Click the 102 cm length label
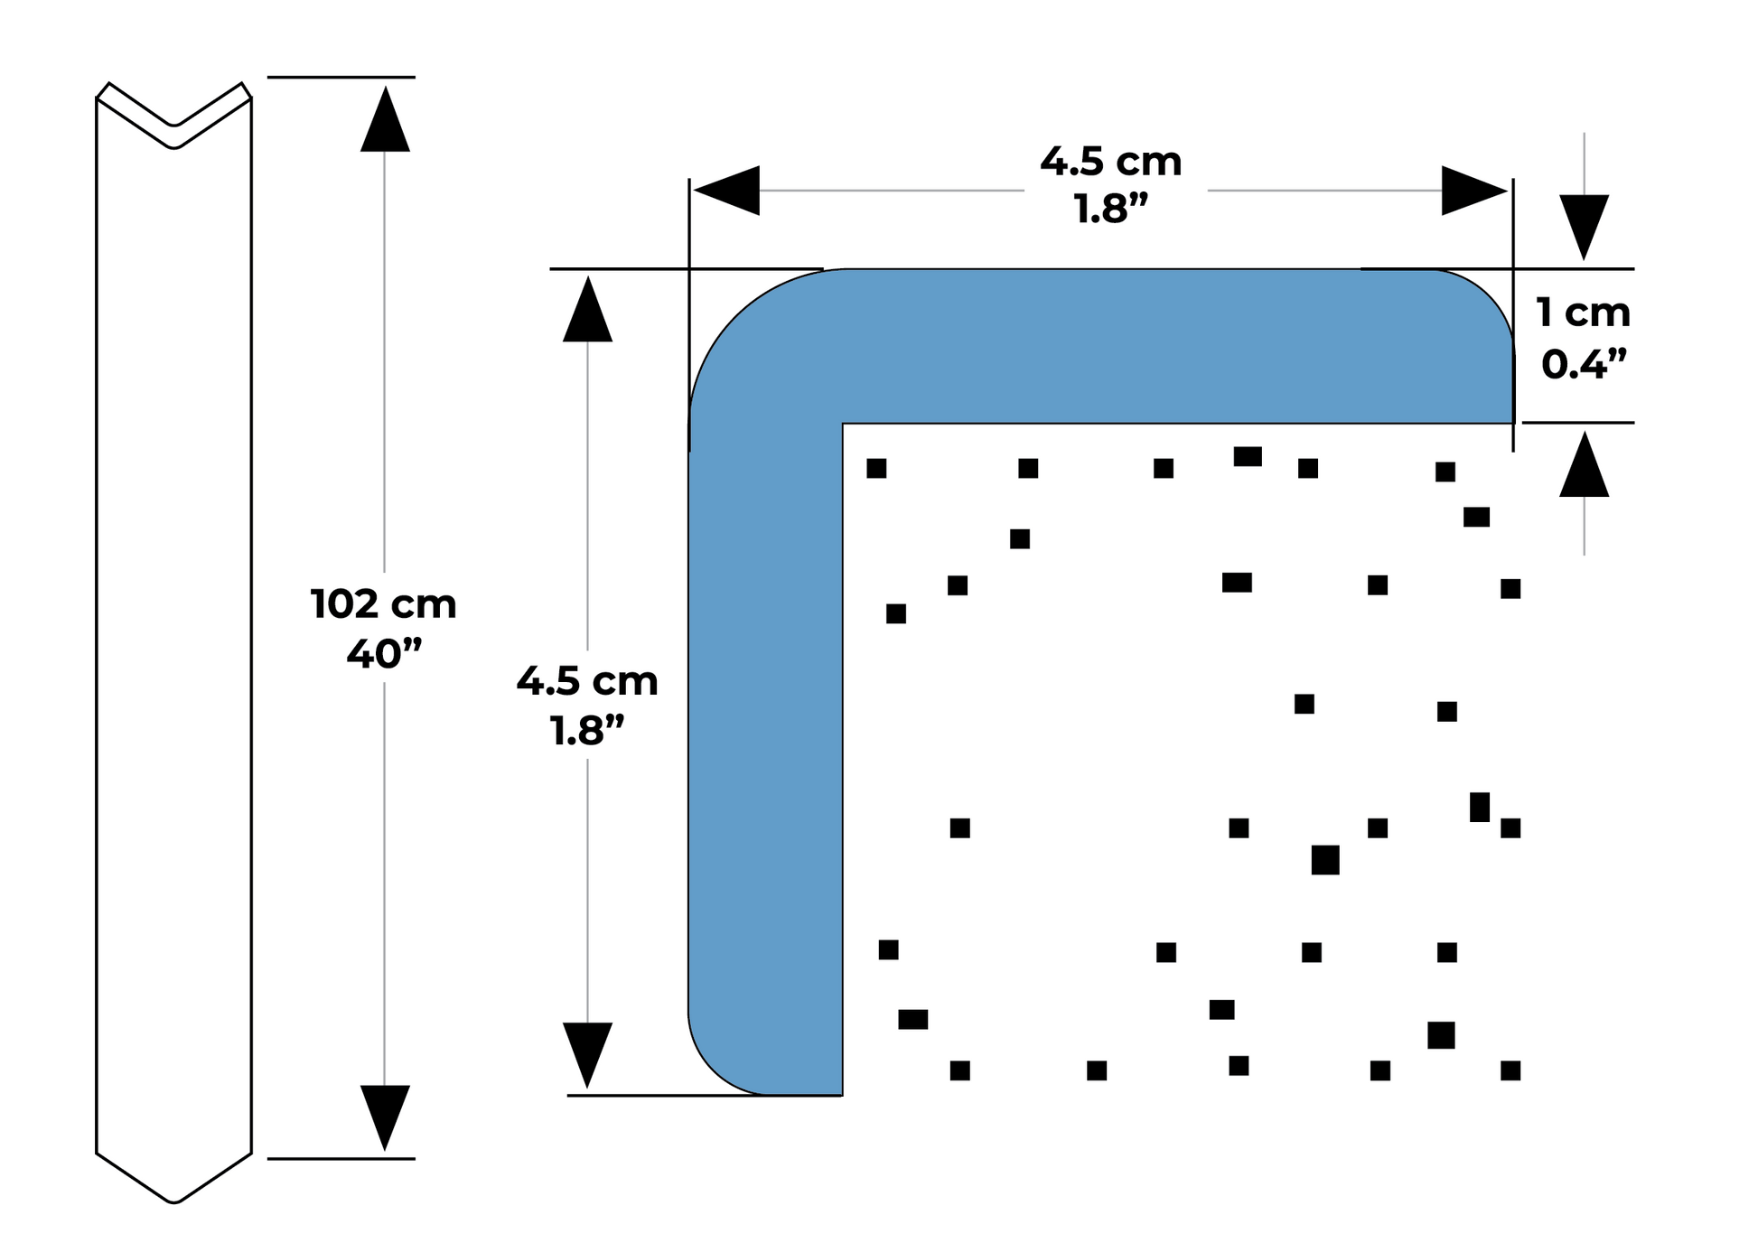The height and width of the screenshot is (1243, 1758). click(x=383, y=604)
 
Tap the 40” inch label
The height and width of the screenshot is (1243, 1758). click(x=384, y=653)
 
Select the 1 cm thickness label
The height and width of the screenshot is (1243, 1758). click(x=1583, y=313)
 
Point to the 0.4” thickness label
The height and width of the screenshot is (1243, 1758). click(x=1583, y=364)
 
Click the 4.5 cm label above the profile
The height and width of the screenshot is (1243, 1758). click(x=1110, y=162)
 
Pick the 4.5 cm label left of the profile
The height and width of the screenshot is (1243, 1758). click(x=587, y=681)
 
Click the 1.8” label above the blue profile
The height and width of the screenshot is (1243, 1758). click(x=1110, y=210)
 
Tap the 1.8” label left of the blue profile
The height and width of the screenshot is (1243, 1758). click(x=587, y=731)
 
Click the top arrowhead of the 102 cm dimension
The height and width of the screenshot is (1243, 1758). click(x=385, y=119)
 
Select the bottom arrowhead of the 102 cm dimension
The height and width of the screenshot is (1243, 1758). click(x=385, y=1117)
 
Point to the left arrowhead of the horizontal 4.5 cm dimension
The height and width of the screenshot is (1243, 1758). click(x=727, y=191)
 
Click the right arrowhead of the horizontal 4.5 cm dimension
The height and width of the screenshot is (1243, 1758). click(x=1473, y=191)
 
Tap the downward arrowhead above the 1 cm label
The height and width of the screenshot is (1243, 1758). click(x=1584, y=227)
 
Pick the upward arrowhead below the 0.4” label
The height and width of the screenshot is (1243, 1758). click(x=1584, y=465)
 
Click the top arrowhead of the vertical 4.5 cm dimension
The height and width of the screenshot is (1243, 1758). click(x=587, y=310)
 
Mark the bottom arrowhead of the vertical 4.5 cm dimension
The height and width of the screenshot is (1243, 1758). click(x=587, y=1054)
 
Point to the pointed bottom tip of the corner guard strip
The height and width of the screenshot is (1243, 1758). click(x=173, y=1200)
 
